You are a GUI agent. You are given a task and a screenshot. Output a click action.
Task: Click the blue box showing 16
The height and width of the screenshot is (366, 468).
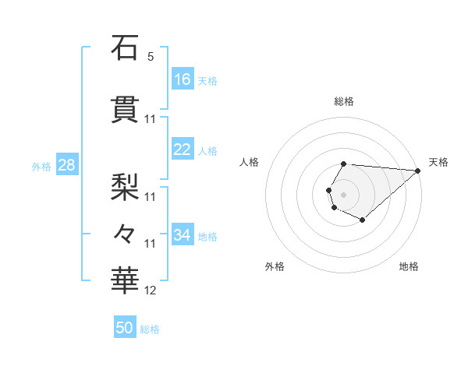pos(183,79)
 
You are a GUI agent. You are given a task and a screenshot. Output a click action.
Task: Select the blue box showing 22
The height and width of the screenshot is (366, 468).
pos(183,150)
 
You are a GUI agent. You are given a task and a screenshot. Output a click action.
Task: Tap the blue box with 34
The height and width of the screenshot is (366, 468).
pos(183,235)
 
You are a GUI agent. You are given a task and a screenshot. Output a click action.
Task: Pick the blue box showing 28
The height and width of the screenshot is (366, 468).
pos(66,165)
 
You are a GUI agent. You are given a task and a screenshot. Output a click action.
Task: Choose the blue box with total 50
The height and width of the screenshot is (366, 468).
pos(125,328)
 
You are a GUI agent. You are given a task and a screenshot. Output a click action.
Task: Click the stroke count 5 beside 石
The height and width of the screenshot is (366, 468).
pos(151,57)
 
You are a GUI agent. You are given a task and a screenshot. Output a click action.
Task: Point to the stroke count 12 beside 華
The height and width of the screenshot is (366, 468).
pos(151,290)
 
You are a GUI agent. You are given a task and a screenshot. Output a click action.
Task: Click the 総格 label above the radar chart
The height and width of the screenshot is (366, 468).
pos(343,101)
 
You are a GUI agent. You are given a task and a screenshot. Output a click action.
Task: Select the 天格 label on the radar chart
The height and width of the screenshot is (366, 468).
pos(438,162)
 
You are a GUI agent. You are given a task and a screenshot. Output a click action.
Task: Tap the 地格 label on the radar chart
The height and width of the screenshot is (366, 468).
pos(409,266)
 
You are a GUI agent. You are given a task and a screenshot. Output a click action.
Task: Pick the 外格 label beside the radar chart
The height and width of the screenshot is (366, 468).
pos(275,266)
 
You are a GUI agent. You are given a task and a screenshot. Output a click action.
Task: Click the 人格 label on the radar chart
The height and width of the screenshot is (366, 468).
pos(250,162)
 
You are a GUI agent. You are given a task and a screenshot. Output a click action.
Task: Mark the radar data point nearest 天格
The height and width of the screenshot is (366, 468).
pos(418,170)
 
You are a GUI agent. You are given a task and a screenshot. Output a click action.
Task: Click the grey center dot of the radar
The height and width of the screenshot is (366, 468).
pos(343,192)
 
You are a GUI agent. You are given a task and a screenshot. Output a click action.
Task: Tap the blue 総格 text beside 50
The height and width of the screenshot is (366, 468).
pos(150,329)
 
